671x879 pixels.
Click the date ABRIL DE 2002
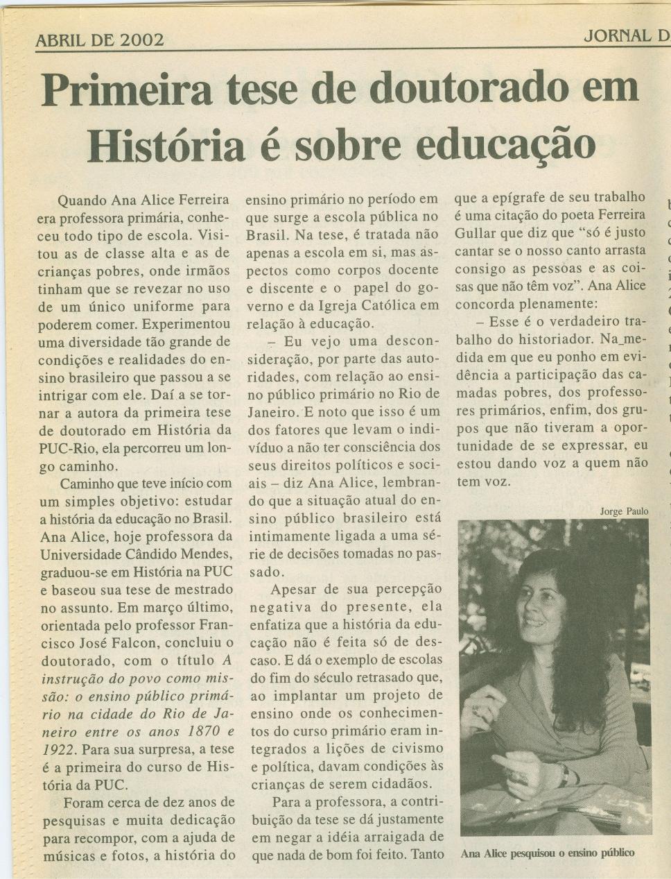point(100,40)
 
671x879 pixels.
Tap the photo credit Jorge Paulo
point(624,511)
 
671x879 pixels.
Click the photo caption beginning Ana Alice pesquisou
point(547,853)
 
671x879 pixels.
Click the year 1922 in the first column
point(57,749)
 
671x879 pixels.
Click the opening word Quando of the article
point(82,201)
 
